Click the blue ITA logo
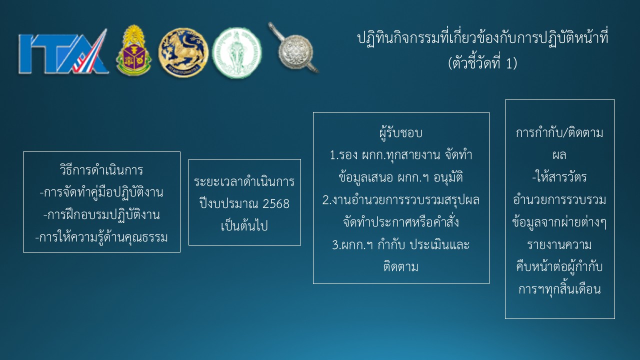[63, 52]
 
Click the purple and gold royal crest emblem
[133, 50]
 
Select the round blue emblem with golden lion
[183, 52]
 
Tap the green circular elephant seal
[236, 53]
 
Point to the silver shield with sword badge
[293, 48]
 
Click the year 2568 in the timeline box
[275, 203]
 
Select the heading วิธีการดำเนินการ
[101, 170]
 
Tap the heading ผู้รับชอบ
[401, 133]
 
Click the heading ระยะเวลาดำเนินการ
[244, 181]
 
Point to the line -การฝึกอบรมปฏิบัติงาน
[101, 215]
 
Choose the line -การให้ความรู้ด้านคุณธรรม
[101, 237]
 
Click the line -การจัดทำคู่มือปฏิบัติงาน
[101, 192]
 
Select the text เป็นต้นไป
[244, 225]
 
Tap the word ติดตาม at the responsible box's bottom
[401, 266]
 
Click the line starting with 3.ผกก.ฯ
[401, 245]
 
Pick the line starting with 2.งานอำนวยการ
[401, 200]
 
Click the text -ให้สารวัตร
[559, 177]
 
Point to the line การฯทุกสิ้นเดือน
[559, 289]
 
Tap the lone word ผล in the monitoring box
[559, 155]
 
